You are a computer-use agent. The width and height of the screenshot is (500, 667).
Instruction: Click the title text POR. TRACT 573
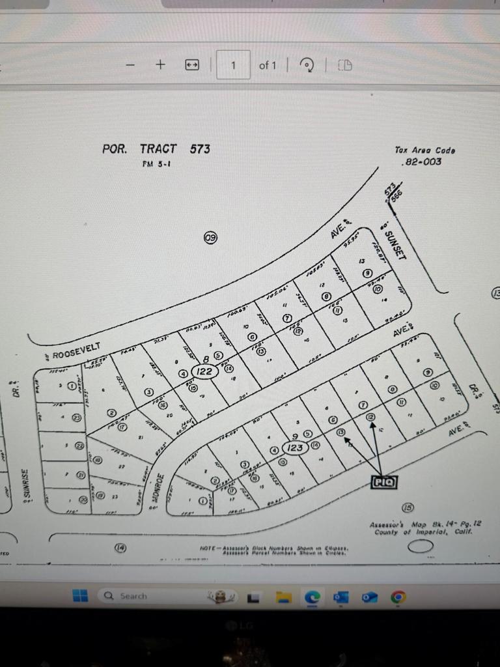pyautogui.click(x=156, y=149)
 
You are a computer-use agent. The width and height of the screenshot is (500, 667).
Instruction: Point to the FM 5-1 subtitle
pyautogui.click(x=156, y=164)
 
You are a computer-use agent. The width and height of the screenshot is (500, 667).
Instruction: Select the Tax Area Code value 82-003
pyautogui.click(x=423, y=162)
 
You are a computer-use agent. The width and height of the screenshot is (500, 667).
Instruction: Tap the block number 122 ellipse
pyautogui.click(x=204, y=371)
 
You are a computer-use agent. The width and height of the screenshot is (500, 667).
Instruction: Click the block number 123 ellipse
pyautogui.click(x=296, y=448)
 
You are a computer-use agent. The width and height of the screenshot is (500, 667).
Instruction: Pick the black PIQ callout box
pyautogui.click(x=383, y=482)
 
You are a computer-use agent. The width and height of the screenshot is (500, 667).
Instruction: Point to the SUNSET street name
pyautogui.click(x=395, y=245)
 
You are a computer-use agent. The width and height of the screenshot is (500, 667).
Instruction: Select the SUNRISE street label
pyautogui.click(x=27, y=485)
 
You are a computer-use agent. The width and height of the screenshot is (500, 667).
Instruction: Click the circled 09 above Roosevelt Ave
pyautogui.click(x=210, y=237)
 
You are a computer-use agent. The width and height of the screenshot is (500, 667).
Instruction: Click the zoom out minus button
pyautogui.click(x=131, y=64)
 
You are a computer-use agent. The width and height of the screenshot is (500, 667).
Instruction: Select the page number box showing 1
pyautogui.click(x=232, y=64)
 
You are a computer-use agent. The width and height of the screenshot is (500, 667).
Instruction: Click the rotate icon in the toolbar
pyautogui.click(x=307, y=64)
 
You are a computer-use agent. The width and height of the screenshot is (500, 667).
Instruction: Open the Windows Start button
pyautogui.click(x=80, y=595)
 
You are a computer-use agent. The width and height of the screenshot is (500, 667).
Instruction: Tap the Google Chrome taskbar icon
pyautogui.click(x=398, y=596)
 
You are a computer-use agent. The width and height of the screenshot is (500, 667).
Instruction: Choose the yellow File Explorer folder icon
pyautogui.click(x=283, y=596)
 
